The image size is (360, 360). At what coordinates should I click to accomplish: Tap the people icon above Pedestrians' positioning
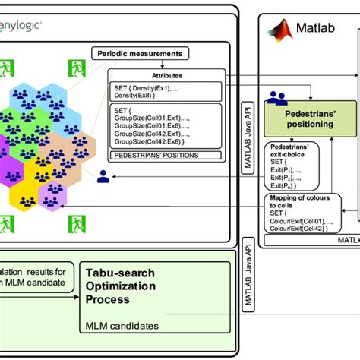click(276, 98)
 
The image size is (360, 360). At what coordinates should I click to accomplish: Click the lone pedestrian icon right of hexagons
click(103, 176)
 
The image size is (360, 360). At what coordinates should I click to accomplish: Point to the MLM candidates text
click(122, 326)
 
